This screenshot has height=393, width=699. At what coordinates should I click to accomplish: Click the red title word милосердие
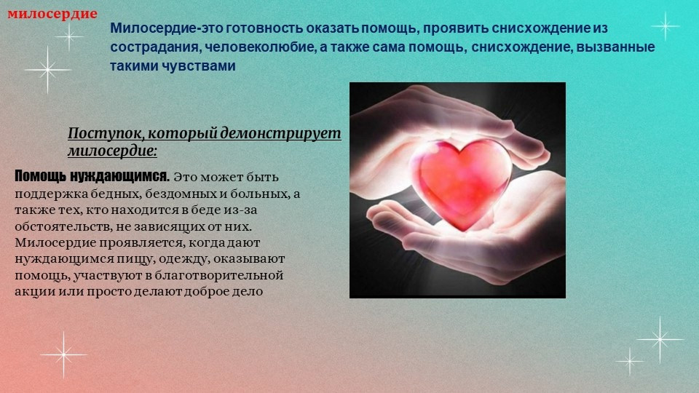[x=52, y=14]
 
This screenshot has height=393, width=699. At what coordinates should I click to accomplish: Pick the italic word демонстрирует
[x=281, y=133]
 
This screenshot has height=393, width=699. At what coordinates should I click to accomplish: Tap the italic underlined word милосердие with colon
[x=112, y=151]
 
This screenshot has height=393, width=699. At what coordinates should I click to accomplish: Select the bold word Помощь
[x=39, y=176]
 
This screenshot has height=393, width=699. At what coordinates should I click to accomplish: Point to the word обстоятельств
[x=63, y=226]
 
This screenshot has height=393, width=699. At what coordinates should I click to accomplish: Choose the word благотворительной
[x=219, y=275]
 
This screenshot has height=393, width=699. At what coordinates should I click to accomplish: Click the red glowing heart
[x=460, y=183]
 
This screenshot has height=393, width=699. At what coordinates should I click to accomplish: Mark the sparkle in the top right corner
[x=666, y=26]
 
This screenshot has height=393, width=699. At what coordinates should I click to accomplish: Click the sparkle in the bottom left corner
[x=64, y=354]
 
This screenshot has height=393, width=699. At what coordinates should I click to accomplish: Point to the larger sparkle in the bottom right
[x=660, y=340]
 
